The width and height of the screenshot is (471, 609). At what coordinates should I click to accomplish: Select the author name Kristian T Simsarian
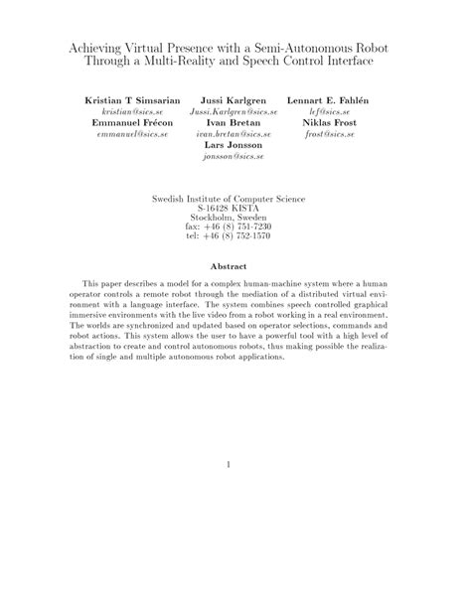pos(125,101)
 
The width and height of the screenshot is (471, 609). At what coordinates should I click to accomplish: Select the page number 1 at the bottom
pos(229,463)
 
